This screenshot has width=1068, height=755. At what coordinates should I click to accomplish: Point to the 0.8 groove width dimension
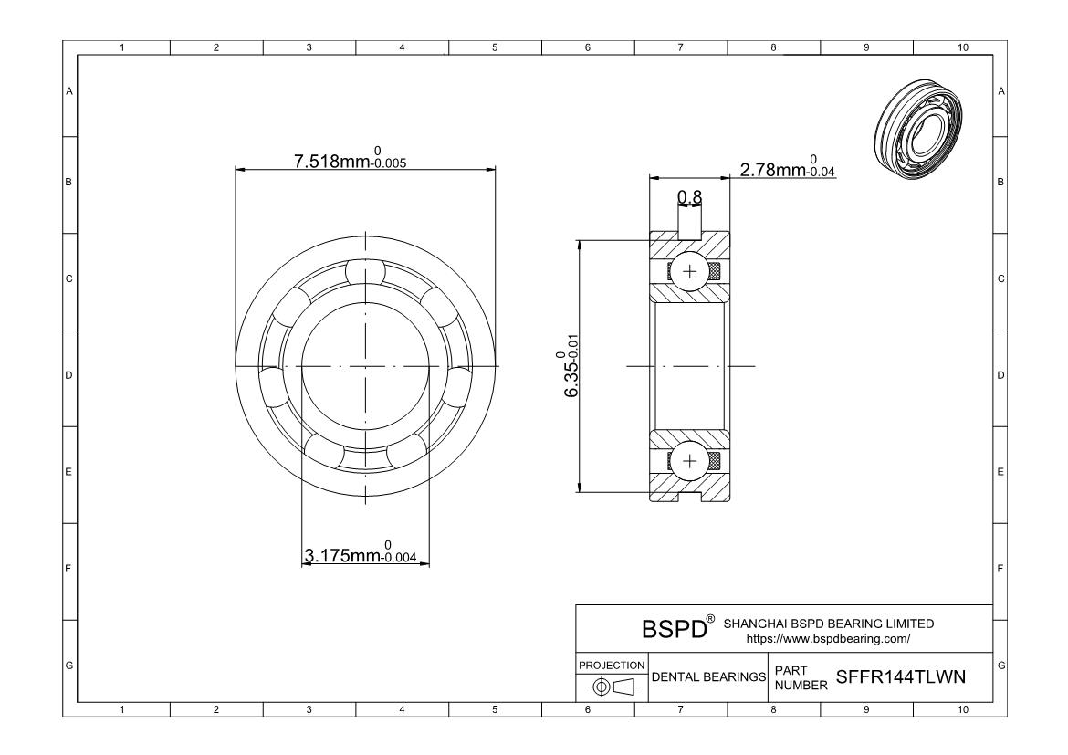pos(689,196)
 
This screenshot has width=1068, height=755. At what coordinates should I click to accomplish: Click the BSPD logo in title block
pos(675,629)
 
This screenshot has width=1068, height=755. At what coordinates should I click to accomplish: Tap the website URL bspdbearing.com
pos(828,639)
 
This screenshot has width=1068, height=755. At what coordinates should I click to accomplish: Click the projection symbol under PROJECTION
pos(612,686)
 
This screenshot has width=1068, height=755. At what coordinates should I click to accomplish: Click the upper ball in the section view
pos(689,271)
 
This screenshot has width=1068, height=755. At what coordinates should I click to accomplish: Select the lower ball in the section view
pos(689,459)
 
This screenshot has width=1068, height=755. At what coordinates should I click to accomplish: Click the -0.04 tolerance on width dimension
pos(822,172)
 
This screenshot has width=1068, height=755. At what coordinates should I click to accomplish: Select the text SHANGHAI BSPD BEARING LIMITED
pos(828,624)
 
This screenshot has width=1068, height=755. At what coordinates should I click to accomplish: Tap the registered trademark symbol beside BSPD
pos(708,621)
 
